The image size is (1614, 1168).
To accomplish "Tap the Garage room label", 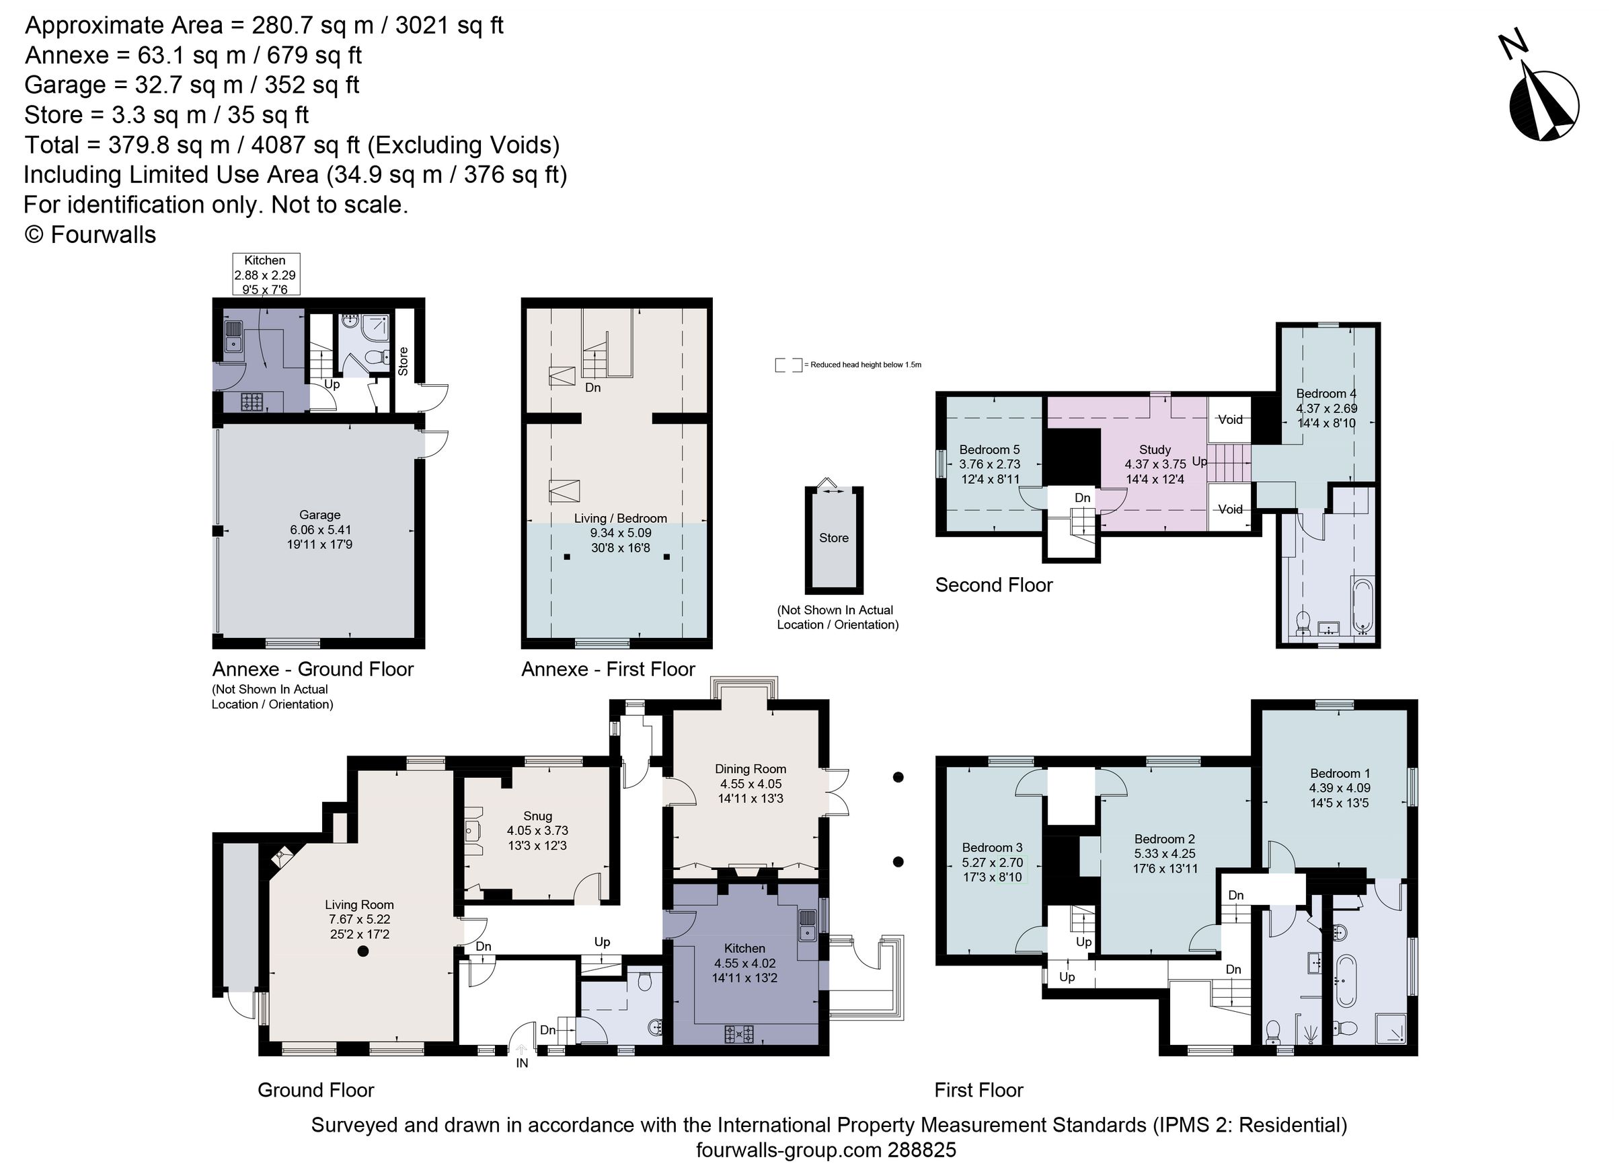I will [x=319, y=515].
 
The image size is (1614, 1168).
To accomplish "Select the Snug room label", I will [x=537, y=815].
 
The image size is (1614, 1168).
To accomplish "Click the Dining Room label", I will [x=750, y=769].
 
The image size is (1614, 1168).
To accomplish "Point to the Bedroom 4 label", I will [x=1325, y=394].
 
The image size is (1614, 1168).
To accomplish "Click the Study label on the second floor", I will [x=1154, y=450].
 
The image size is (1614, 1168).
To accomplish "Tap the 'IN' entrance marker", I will [x=523, y=1063].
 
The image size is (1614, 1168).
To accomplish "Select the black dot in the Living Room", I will [x=363, y=951].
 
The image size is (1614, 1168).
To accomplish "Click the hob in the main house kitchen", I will [x=739, y=1034].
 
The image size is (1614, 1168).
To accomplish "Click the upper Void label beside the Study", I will [x=1230, y=420].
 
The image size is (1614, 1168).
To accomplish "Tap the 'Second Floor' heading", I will [x=993, y=585].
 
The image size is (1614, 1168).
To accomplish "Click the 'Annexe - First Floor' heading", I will [x=608, y=669].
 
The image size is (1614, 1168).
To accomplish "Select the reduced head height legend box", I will [x=787, y=365].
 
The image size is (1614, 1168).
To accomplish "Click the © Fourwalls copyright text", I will [x=90, y=235].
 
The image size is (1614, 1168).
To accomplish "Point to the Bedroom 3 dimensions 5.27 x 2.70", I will [x=992, y=863].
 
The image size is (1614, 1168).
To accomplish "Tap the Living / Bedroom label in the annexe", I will [x=621, y=519].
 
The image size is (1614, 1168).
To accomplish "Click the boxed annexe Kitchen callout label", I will [x=266, y=274].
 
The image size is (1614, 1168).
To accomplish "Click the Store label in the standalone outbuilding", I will [x=833, y=538].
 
